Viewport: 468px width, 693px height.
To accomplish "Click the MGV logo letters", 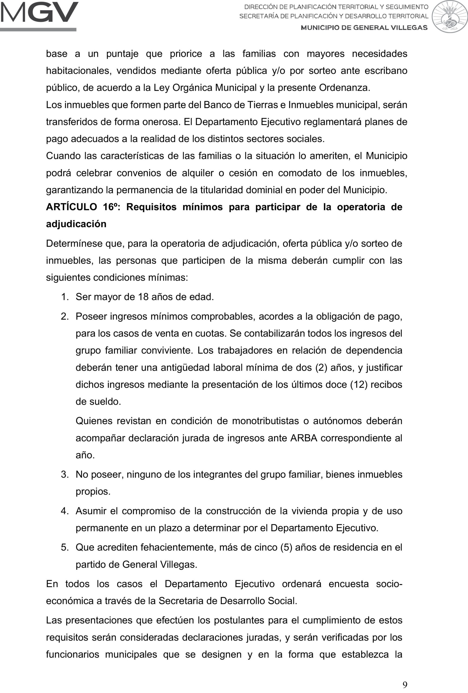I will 39,12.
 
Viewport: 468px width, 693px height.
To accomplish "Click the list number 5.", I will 65,547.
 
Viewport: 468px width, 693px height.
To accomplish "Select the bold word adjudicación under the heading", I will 76,224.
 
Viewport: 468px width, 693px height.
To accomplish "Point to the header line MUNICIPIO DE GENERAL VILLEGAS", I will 364,28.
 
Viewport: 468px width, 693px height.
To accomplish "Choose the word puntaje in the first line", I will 122,54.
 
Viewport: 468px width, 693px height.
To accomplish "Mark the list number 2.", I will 65,316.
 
